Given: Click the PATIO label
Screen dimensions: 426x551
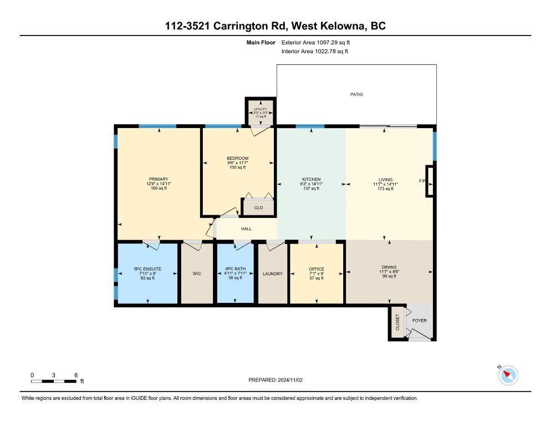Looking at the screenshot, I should click(x=356, y=94).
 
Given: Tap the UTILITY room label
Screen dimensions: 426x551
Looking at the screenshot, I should click(x=260, y=109).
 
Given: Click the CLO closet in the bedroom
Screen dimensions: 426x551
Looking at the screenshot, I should click(x=258, y=208).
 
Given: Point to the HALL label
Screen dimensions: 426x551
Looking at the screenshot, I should click(x=246, y=229).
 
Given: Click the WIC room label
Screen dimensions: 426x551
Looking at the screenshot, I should click(x=197, y=273).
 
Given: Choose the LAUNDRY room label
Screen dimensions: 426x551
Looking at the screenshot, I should click(x=272, y=273).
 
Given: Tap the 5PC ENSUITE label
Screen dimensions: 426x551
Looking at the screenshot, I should click(x=147, y=269).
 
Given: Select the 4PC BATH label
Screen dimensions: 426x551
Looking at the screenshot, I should click(x=236, y=269).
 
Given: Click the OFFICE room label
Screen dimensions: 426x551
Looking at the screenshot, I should click(x=317, y=269).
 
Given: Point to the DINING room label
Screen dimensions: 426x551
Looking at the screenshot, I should click(x=389, y=267).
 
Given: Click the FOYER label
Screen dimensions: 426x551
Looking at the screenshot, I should click(x=420, y=321).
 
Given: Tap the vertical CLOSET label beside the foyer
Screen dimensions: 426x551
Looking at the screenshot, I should click(x=397, y=323).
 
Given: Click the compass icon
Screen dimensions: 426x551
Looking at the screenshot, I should click(x=508, y=376).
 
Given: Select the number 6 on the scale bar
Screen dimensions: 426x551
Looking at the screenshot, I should click(x=75, y=375).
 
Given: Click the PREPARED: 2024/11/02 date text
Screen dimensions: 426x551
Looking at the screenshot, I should click(x=275, y=380).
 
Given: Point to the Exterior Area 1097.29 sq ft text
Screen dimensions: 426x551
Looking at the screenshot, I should click(x=316, y=42).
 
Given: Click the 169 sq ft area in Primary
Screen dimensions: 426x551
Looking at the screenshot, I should click(x=158, y=189).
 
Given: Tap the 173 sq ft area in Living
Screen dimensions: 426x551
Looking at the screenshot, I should click(x=385, y=189).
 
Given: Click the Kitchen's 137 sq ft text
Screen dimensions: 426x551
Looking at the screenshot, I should click(x=312, y=189).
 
